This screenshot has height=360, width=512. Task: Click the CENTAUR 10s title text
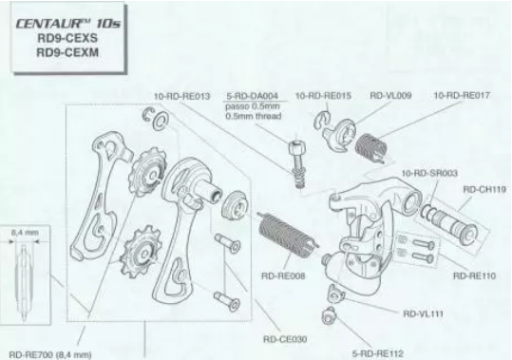pyautogui.click(x=68, y=24)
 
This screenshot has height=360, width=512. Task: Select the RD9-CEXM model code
pyautogui.click(x=67, y=52)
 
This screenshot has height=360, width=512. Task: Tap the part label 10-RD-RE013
pyautogui.click(x=181, y=96)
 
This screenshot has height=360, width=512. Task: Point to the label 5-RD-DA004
pyautogui.click(x=252, y=96)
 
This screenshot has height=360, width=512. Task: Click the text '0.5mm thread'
pyautogui.click(x=254, y=116)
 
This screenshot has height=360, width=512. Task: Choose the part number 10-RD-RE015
pyautogui.click(x=323, y=96)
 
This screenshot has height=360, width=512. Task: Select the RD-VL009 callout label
pyautogui.click(x=390, y=95)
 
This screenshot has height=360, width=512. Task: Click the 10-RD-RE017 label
pyautogui.click(x=462, y=95)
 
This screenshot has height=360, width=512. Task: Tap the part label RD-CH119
pyautogui.click(x=484, y=189)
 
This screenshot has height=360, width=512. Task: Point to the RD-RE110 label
pyautogui.click(x=474, y=275)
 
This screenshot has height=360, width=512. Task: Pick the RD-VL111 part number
pyautogui.click(x=424, y=314)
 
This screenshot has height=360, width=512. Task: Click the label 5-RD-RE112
pyautogui.click(x=378, y=353)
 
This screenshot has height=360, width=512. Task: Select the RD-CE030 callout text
pyautogui.click(x=285, y=339)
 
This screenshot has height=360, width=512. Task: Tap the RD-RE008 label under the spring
pyautogui.click(x=283, y=276)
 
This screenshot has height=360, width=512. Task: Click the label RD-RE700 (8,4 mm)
pyautogui.click(x=50, y=355)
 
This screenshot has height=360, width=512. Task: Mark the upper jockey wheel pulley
pyautogui.click(x=150, y=172)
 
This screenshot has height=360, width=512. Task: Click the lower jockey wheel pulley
pyautogui.click(x=141, y=252)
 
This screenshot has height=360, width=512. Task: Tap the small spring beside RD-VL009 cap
pyautogui.click(x=371, y=148)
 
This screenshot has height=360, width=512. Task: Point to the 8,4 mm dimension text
pyautogui.click(x=25, y=233)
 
